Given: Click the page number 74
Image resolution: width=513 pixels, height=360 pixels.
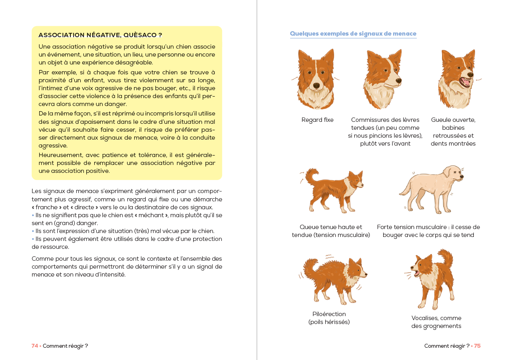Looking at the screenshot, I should (35, 346).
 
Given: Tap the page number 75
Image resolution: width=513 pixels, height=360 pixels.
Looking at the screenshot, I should (477, 346).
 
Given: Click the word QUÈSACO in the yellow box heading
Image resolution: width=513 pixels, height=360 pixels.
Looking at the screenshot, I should (141, 35).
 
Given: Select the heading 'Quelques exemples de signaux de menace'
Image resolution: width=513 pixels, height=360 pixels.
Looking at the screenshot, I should (353, 34).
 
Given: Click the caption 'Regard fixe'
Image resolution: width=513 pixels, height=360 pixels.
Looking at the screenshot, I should (317, 120).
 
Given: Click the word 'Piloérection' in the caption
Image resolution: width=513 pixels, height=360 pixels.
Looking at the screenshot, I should (329, 314).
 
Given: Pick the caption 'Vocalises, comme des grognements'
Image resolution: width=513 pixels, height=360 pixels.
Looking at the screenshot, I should (436, 322).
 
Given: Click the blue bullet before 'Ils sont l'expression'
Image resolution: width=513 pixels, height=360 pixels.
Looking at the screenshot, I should (33, 231).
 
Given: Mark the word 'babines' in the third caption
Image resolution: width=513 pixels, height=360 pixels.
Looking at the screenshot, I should (453, 128).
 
